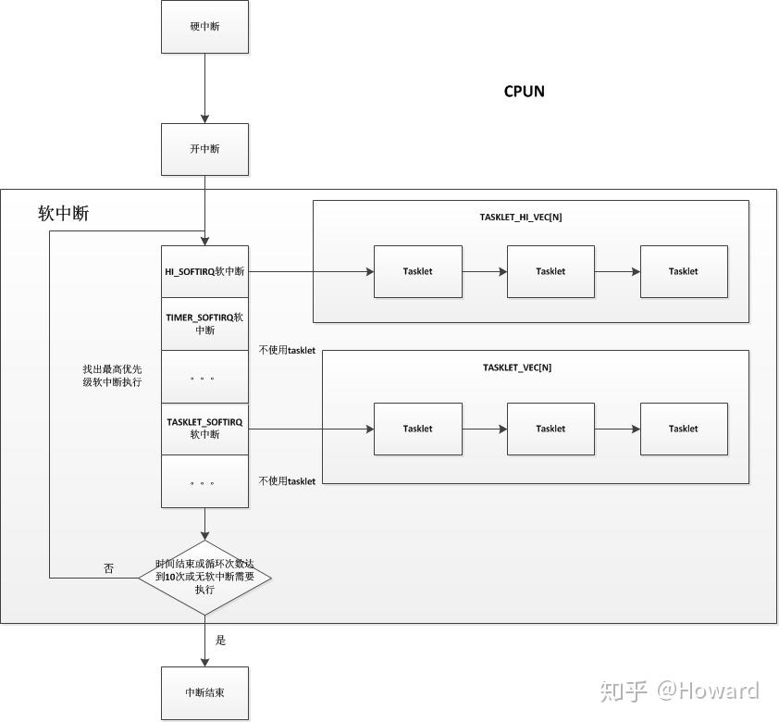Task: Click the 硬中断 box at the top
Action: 204,27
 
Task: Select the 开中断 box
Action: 204,149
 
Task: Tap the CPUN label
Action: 524,91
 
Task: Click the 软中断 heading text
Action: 64,214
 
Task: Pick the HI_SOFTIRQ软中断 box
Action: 204,271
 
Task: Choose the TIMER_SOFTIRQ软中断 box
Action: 204,323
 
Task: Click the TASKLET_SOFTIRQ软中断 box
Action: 204,428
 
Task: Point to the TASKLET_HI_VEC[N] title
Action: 521,218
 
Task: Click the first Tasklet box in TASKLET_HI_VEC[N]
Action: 417,271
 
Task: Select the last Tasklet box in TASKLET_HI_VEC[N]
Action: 684,271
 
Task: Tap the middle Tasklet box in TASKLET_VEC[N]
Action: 550,429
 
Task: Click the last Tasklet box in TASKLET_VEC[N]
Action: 684,429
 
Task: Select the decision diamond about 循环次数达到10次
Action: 204,577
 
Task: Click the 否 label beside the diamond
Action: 108,568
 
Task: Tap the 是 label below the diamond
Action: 220,640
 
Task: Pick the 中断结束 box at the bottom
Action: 204,692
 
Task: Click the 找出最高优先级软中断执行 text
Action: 112,375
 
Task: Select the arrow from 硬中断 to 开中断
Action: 204,88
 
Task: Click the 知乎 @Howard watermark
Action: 679,691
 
